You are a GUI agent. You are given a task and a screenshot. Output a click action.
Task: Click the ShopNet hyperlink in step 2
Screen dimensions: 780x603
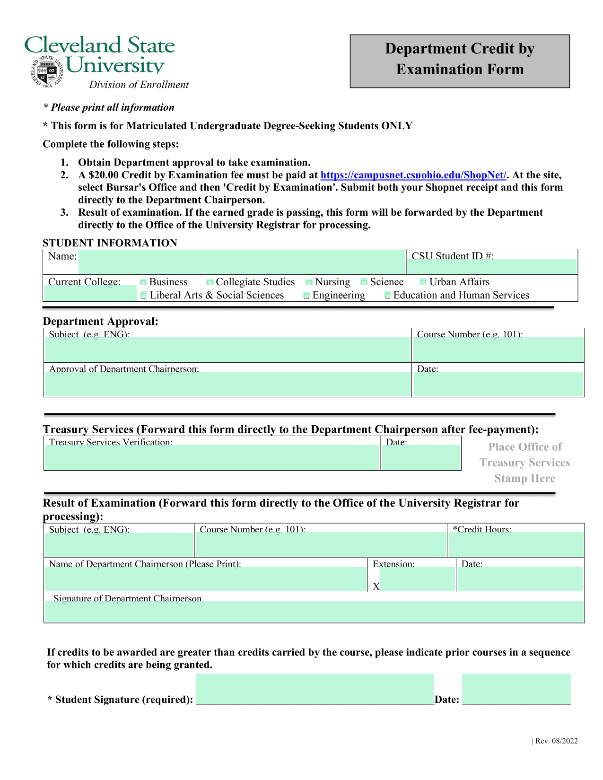pos(413,175)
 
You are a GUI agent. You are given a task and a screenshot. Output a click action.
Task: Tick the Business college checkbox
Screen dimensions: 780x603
pos(143,282)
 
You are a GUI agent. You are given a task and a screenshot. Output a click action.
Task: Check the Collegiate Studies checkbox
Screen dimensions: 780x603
pos(210,282)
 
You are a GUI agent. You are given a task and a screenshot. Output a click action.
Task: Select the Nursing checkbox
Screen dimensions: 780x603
pos(309,282)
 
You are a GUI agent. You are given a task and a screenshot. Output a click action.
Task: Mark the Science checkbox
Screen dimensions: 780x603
pos(364,282)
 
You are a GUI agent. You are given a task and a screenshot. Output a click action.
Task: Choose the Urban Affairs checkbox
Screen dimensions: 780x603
pos(423,282)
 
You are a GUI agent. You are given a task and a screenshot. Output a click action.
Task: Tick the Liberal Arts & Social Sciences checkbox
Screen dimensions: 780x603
pos(144,296)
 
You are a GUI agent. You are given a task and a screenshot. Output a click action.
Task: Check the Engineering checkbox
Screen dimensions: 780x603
pos(306,296)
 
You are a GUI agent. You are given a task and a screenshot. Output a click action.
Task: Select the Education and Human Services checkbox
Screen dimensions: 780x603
pos(388,296)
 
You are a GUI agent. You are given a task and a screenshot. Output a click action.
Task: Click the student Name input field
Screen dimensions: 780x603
pos(241,262)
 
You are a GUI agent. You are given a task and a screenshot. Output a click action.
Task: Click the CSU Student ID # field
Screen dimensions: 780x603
pos(492,266)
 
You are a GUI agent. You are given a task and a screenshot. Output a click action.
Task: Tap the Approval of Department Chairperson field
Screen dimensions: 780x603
pos(227,384)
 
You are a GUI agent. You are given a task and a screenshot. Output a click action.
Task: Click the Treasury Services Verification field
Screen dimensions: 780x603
pos(212,457)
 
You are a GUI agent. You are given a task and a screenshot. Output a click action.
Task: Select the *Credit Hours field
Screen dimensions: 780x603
pos(516,544)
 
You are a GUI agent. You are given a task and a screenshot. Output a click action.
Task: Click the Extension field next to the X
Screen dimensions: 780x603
pos(417,579)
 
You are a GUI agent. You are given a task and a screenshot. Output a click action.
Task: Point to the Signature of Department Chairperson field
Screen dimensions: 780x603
pos(314,612)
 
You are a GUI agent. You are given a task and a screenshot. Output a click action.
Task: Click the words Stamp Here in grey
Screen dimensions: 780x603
pos(524,479)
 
